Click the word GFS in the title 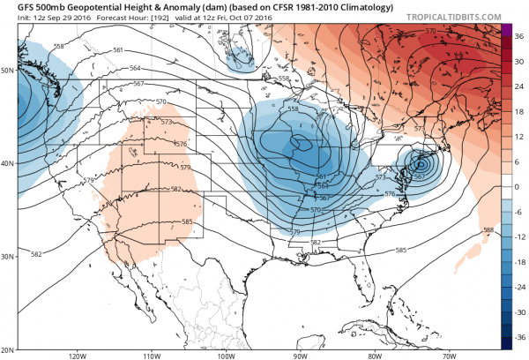coord(15,6)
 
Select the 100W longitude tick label coord(225,356)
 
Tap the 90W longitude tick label coord(300,356)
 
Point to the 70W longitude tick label coord(449,356)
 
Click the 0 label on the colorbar coord(517,187)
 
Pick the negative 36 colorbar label coord(518,338)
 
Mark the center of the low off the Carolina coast coord(421,164)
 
